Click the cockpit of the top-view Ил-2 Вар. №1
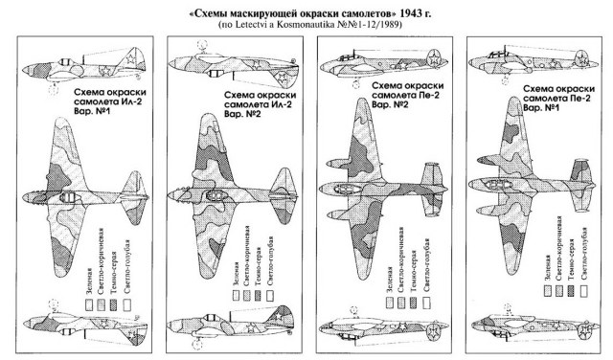point(71,197)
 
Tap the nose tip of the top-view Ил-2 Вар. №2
point(170,197)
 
